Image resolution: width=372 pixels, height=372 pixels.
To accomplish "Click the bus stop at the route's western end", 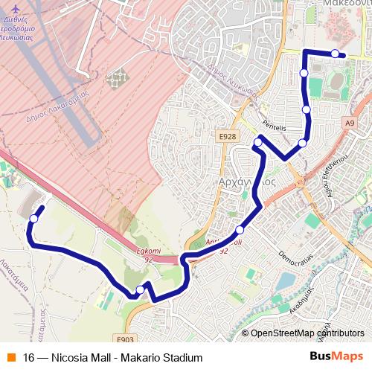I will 33,218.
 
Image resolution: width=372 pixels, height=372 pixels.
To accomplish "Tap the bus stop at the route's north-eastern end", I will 336,54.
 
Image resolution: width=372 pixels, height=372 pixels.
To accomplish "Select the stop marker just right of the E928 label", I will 258,142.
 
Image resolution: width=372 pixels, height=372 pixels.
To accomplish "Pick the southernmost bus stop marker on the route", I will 140,290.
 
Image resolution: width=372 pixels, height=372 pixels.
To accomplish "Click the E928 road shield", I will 228,136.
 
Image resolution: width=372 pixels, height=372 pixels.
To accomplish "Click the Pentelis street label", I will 275,127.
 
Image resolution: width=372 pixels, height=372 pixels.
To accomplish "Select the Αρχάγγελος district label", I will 248,181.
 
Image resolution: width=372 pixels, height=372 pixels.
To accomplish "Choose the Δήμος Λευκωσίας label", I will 232,79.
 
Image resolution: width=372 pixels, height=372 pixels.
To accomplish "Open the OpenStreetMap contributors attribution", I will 307,333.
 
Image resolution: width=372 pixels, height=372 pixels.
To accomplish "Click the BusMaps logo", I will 336,357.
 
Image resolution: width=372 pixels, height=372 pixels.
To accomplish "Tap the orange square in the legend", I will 10,357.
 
